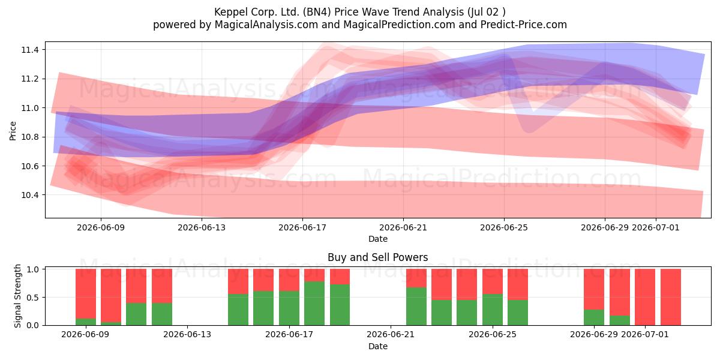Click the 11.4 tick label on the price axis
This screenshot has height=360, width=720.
pos(30,50)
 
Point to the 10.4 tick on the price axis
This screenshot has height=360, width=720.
pos(30,195)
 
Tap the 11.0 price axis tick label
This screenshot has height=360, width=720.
pos(30,108)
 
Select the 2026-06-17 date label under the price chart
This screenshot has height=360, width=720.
pos(302,227)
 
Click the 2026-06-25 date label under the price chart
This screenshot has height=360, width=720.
pos(504,227)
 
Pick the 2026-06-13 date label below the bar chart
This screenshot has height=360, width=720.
pos(187,334)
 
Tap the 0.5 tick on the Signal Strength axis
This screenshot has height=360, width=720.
pos(32,298)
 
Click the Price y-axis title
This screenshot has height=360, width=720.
pos(13,131)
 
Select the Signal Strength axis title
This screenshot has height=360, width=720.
pos(17,296)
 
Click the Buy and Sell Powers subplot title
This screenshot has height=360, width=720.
pos(377,257)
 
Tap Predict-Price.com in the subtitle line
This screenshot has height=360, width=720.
pos(524,25)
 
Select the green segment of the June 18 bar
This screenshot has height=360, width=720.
pos(314,303)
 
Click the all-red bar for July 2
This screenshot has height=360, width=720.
pos(671,297)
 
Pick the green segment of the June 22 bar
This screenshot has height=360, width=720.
pos(416,307)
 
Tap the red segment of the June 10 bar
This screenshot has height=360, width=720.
pos(111,295)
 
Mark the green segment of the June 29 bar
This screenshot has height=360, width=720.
pos(594,317)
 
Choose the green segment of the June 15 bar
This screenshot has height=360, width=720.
pos(238,310)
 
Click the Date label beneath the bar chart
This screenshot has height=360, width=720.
pos(377,346)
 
